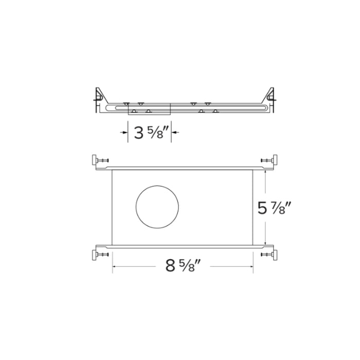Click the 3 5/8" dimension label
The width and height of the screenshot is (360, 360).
(150, 133)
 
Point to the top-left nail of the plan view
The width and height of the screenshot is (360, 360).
(100, 161)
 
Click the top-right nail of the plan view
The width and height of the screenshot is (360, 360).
(268, 161)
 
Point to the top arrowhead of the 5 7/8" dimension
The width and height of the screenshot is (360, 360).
(265, 173)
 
